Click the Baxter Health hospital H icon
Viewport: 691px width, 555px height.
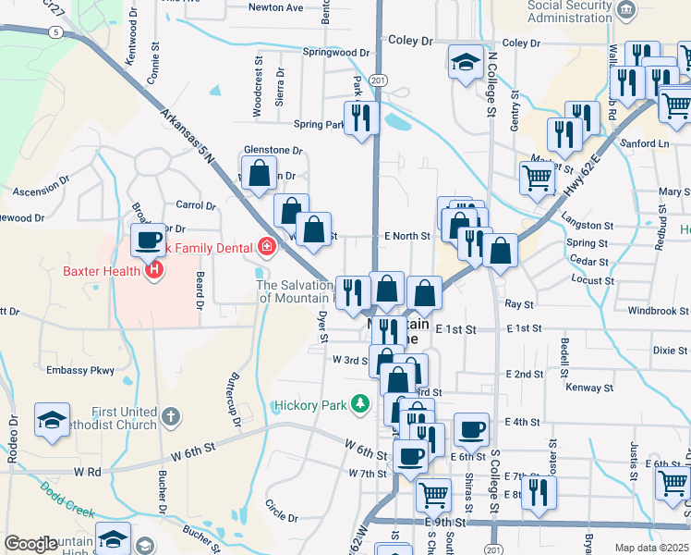click(x=154, y=270)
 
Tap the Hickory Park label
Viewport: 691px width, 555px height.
click(x=309, y=405)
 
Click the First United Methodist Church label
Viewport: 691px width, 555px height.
click(x=123, y=418)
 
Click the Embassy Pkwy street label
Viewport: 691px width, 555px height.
click(x=80, y=370)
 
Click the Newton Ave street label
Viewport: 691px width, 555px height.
click(x=276, y=7)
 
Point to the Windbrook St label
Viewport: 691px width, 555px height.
click(x=657, y=311)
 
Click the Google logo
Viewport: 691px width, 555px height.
click(x=30, y=544)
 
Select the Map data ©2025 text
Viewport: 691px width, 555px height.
click(x=651, y=548)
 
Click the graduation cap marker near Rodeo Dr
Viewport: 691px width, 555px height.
click(x=53, y=419)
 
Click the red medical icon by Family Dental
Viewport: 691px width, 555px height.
click(x=266, y=246)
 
